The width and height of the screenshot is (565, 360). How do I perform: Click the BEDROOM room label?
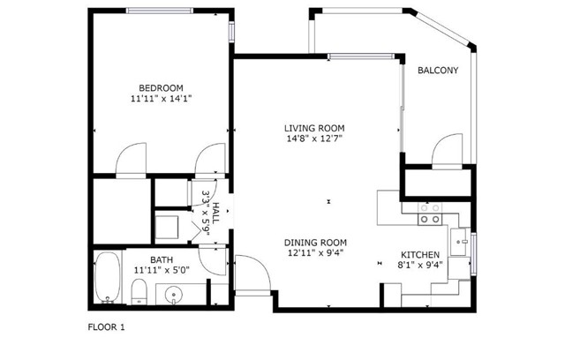click(161, 88)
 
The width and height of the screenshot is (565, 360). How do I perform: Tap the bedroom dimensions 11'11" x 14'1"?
click(161, 99)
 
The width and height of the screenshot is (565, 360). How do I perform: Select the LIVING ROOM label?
click(314, 128)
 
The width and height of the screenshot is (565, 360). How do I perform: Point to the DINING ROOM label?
click(316, 243)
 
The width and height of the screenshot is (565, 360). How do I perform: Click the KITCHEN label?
click(420, 255)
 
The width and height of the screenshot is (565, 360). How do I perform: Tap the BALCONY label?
click(438, 71)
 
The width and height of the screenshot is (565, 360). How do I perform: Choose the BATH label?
click(162, 259)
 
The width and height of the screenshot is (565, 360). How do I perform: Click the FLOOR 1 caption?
click(106, 327)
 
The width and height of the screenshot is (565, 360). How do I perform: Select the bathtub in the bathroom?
click(108, 278)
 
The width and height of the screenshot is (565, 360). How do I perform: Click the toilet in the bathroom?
click(139, 291)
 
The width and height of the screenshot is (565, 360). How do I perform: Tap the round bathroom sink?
click(174, 295)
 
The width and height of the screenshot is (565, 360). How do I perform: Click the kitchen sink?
click(459, 242)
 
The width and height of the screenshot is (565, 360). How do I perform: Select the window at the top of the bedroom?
click(160, 11)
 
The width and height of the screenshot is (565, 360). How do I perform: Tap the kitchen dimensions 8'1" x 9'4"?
click(420, 266)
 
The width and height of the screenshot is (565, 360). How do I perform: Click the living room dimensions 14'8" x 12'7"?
click(314, 139)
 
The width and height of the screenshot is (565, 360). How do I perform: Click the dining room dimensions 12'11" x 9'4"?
click(316, 252)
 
